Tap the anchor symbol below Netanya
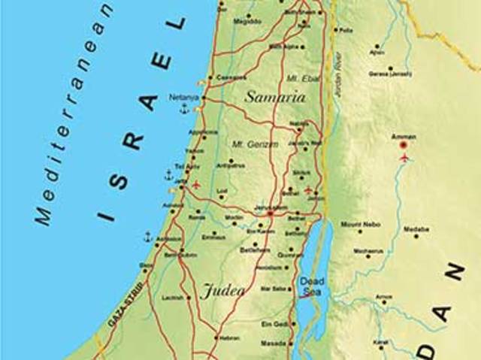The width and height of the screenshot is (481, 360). click(x=183, y=110)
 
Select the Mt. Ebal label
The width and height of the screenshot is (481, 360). click(x=299, y=78)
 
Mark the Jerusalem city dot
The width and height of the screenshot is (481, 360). click(x=270, y=214)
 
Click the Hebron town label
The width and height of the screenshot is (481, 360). click(x=230, y=338)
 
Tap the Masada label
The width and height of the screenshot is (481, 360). click(x=273, y=344)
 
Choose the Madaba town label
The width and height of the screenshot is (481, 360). click(x=416, y=228)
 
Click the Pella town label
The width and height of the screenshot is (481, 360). click(x=346, y=30)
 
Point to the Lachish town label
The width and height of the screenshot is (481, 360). click(x=172, y=298)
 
